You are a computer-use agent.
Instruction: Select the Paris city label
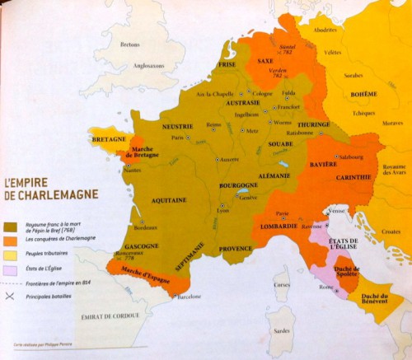pyautogui.click(x=176, y=138)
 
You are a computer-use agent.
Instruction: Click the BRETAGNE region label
pyautogui.click(x=109, y=140)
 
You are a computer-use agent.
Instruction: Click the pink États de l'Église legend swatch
pyautogui.click(x=11, y=269)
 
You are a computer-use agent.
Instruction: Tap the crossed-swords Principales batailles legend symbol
pyautogui.click(x=11, y=295)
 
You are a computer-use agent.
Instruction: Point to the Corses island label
pyautogui.click(x=283, y=285)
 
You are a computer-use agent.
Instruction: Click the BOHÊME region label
pyautogui.click(x=363, y=95)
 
